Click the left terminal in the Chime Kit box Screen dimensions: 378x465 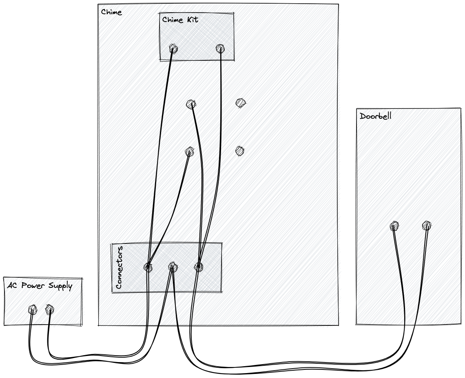173,49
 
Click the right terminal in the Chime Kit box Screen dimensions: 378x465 220,49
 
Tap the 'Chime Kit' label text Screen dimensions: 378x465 180,20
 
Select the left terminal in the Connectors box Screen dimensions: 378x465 148,267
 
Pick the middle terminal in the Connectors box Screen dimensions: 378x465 173,267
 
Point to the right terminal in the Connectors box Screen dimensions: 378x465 199,267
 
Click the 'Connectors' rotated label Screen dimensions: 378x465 119,267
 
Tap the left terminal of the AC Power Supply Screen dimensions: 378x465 33,309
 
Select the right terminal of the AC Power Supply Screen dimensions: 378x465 49,309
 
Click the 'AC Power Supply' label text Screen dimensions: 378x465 40,286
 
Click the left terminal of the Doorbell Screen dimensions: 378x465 394,226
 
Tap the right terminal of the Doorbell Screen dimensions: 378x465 427,225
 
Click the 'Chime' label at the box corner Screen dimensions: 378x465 111,12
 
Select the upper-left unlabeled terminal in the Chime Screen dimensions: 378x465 190,105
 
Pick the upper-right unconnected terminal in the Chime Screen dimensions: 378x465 241,103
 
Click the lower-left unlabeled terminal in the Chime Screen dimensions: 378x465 189,152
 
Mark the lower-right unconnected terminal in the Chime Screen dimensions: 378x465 240,151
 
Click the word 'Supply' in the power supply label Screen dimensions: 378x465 60,286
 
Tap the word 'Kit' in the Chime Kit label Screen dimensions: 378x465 192,20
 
